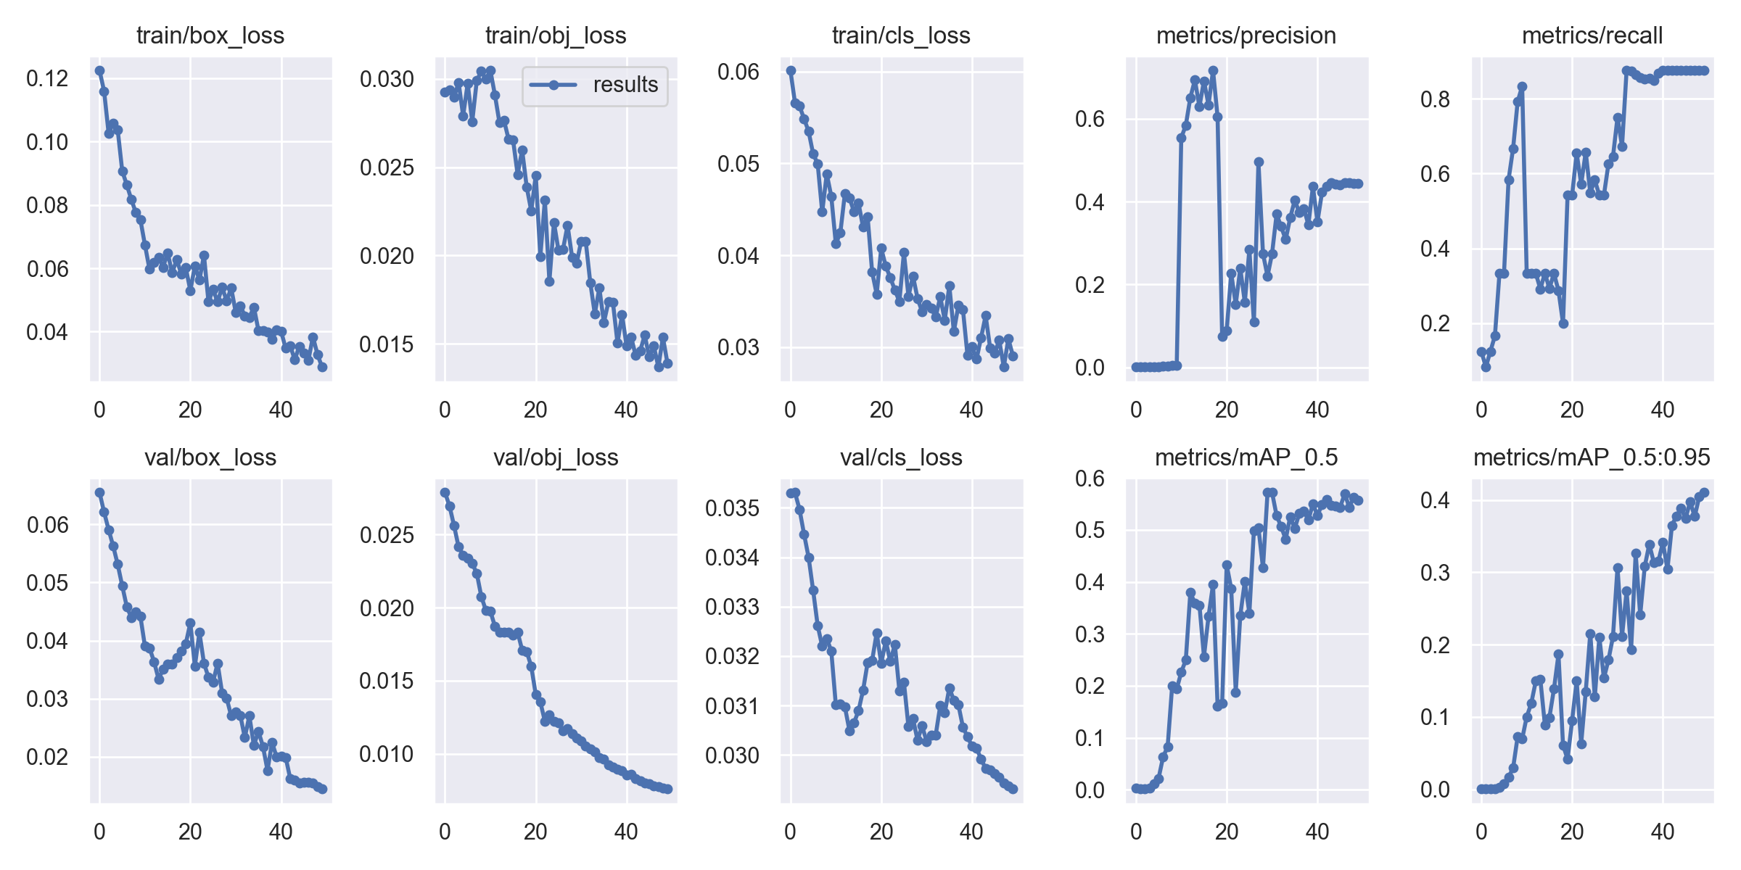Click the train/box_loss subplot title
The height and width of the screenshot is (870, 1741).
210,36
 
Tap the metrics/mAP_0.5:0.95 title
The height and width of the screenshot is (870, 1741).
1592,457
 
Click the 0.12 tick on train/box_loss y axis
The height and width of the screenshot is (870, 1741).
47,78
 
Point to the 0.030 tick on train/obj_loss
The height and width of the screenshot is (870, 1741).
387,79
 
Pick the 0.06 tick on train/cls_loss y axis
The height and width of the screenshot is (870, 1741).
738,72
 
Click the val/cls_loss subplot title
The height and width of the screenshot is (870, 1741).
901,457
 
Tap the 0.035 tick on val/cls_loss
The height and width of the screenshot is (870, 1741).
732,508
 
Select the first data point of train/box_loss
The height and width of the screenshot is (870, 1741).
99,71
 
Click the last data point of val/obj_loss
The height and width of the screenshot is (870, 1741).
668,789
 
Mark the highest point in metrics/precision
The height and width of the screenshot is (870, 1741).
1213,71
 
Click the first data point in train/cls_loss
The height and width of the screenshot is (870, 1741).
791,71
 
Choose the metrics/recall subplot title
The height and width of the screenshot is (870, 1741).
1592,36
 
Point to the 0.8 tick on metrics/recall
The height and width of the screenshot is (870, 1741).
1435,99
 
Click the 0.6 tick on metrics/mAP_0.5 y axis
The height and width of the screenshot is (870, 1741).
1090,478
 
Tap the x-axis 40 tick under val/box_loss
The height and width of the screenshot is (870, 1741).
281,832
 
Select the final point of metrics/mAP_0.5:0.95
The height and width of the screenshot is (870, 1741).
1704,493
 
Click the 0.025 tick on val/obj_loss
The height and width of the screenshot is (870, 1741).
387,535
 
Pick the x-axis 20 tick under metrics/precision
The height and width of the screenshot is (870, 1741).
1227,410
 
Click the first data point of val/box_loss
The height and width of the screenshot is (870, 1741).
99,493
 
